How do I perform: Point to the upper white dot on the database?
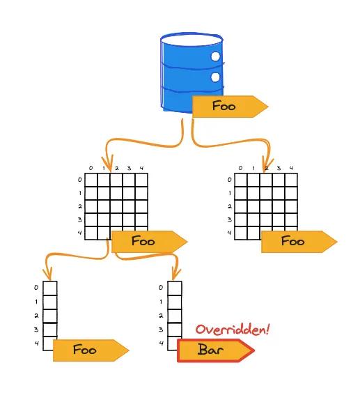216,56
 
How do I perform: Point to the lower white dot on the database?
216,77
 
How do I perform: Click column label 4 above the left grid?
142,168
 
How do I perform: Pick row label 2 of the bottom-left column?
36,316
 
